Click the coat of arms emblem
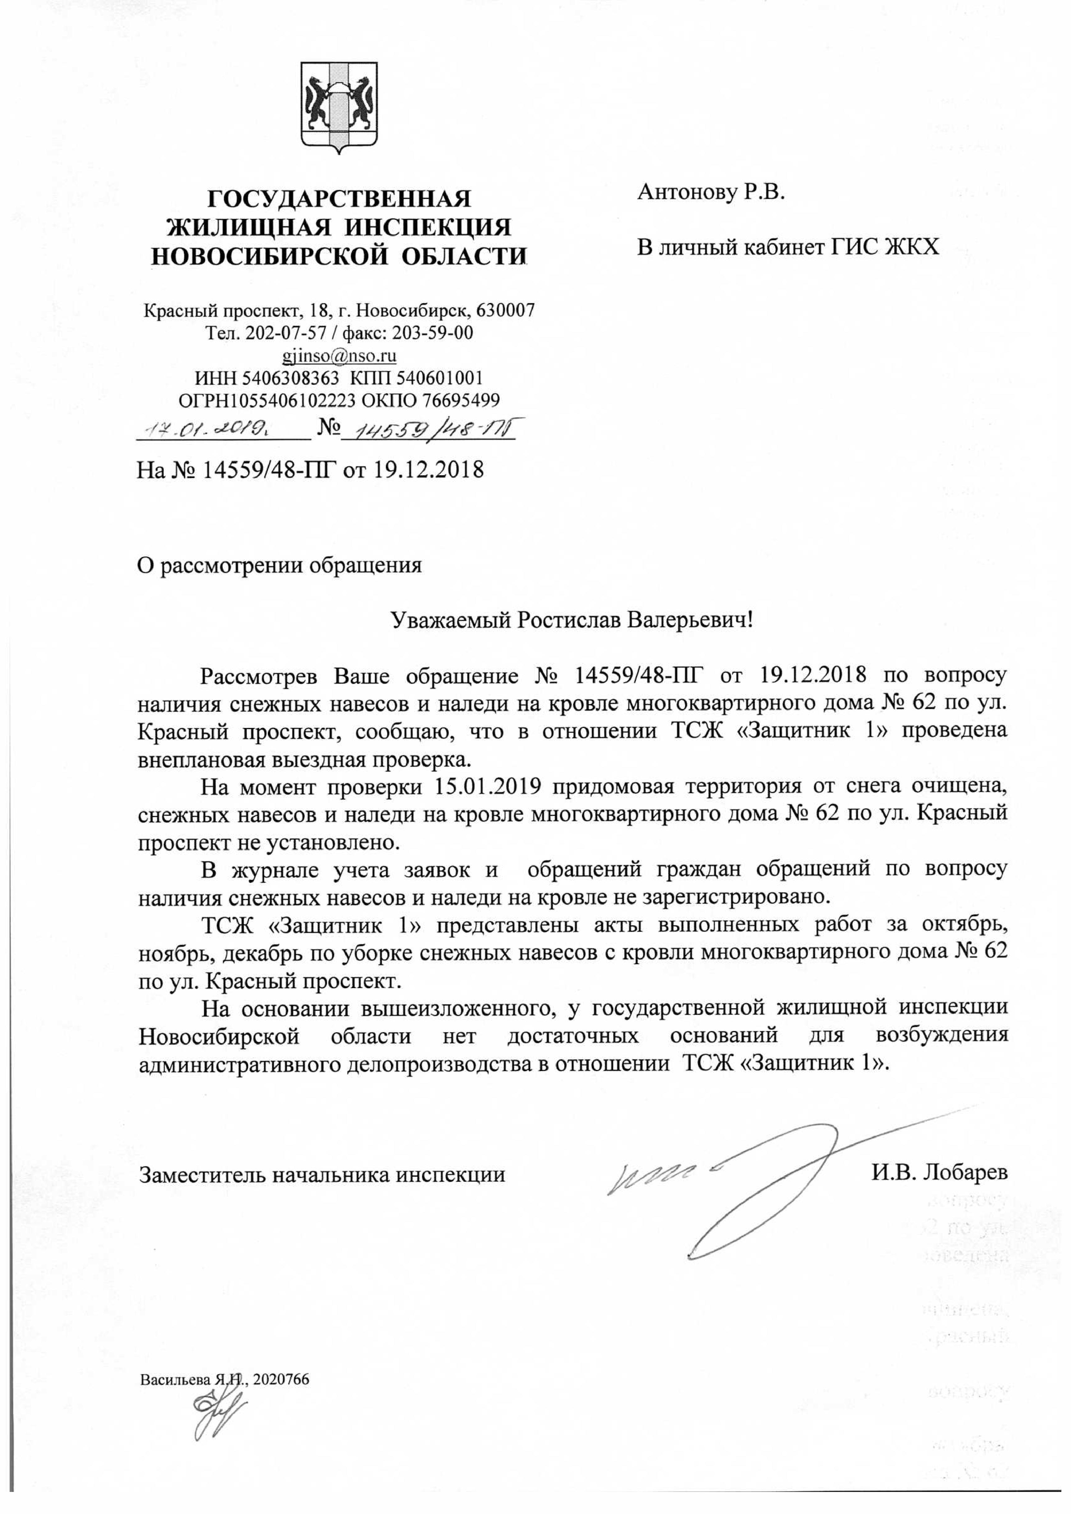[x=339, y=108]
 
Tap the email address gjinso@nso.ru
[x=339, y=356]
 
